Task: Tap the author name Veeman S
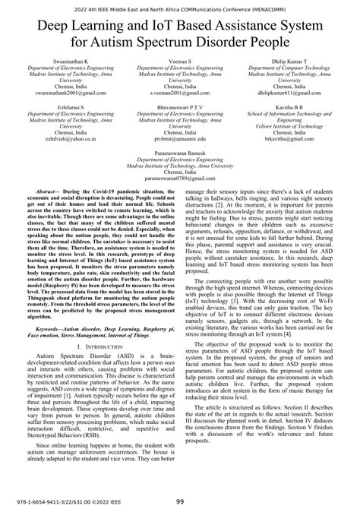180,60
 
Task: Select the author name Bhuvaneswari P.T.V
180,109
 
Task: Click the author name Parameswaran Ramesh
180,153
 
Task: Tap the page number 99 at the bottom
180,501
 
